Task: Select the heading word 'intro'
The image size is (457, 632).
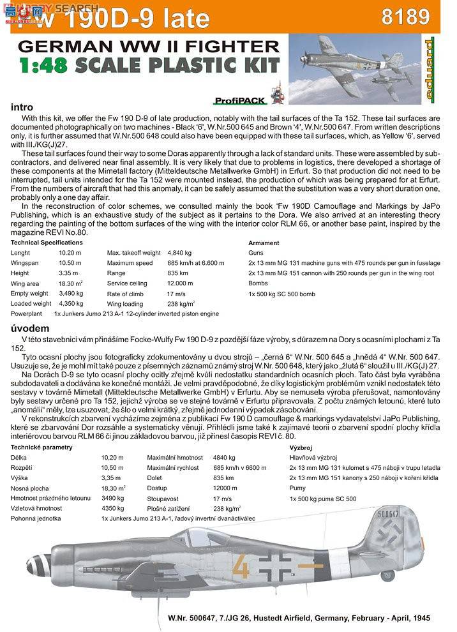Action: click(22, 107)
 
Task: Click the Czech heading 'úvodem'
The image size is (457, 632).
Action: click(26, 327)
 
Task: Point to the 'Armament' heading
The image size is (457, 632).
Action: click(264, 243)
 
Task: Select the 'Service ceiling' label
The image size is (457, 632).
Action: click(127, 283)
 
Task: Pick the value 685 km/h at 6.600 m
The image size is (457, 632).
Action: click(195, 263)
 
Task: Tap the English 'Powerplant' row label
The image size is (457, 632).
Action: click(27, 314)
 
